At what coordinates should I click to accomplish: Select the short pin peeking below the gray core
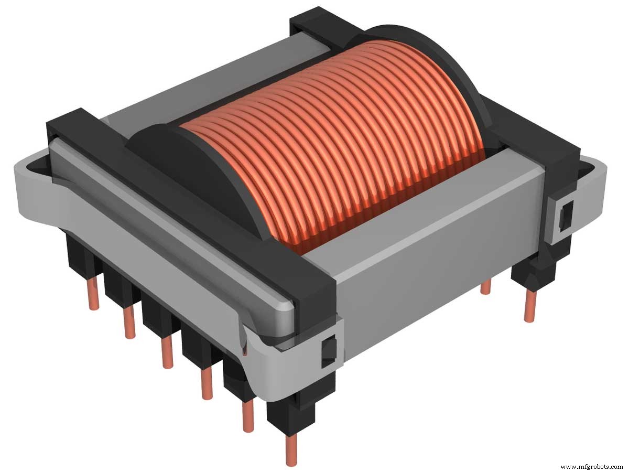(x=486, y=287)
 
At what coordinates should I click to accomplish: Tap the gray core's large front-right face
(x=419, y=252)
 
